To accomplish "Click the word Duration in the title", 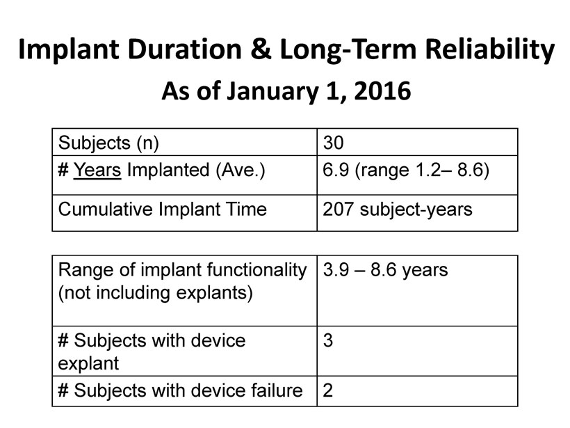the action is (185, 49).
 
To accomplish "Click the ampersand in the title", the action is (261, 49).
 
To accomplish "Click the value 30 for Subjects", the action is (333, 143).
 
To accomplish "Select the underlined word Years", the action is (97, 171).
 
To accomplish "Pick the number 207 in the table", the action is (338, 209).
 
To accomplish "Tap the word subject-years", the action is (416, 210).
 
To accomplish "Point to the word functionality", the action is (256, 271).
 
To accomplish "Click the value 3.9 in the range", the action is (336, 270).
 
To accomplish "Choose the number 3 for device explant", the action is (328, 340).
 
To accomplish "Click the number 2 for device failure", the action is (328, 390).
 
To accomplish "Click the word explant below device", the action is (88, 364).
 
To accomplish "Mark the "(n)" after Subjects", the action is (147, 143).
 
